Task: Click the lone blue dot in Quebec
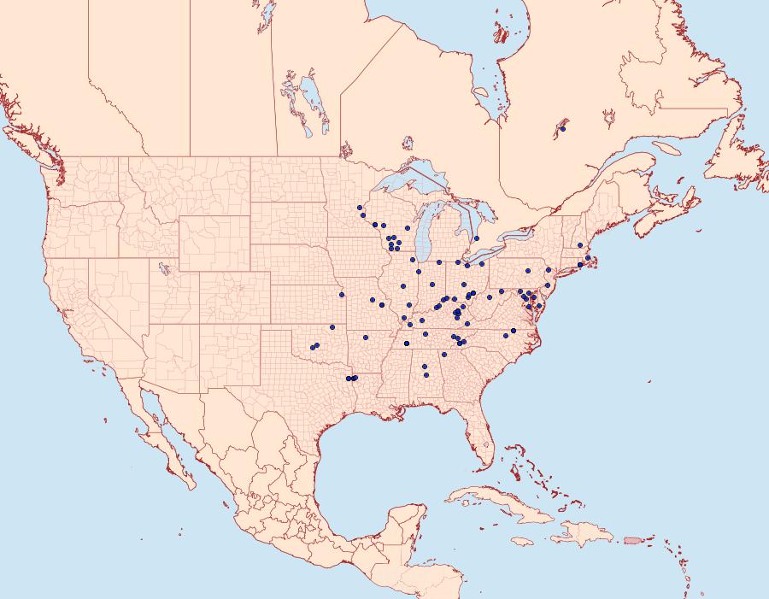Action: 562,129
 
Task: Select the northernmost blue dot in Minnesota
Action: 360,208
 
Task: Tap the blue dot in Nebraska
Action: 342,295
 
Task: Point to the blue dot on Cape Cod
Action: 588,258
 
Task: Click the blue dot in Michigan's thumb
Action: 477,238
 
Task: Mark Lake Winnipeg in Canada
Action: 311,94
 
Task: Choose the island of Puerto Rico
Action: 633,538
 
